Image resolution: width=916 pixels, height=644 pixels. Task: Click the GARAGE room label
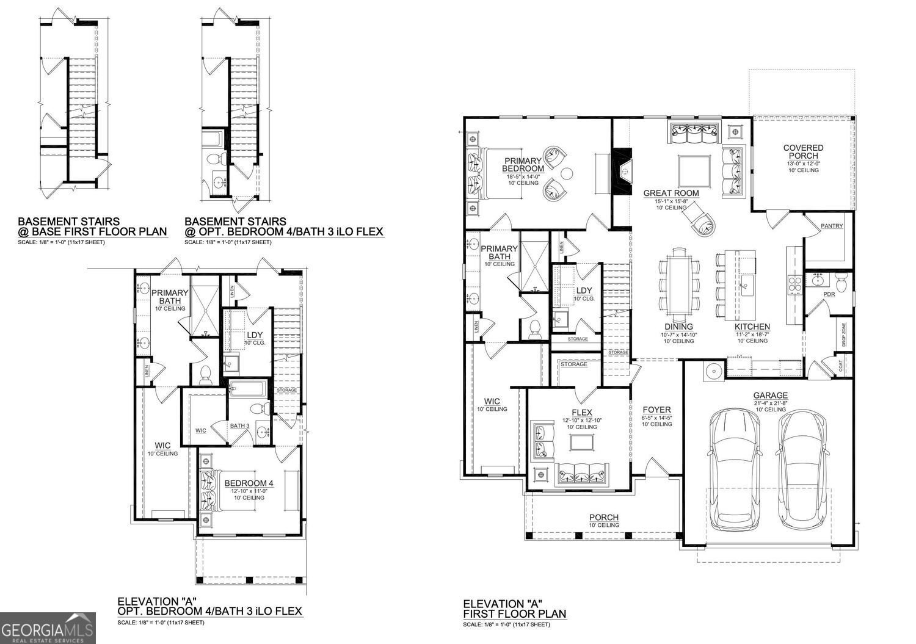coord(770,396)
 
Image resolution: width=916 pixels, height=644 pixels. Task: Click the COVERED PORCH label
coord(803,152)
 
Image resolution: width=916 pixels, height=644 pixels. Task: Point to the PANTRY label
coord(832,226)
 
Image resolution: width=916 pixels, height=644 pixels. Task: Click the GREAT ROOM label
coord(671,194)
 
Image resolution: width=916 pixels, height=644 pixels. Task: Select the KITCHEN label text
coord(752,327)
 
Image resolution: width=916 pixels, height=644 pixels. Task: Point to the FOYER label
coord(656,410)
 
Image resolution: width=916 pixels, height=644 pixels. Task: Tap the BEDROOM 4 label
coord(249,483)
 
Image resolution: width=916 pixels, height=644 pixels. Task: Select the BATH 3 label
coord(239,426)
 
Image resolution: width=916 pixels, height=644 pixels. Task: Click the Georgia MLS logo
coord(48,628)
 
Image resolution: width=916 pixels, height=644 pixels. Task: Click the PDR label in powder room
coord(829,294)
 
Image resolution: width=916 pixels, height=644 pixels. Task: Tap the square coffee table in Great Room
coord(694,172)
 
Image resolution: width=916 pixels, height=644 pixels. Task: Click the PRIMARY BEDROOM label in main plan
coord(523,165)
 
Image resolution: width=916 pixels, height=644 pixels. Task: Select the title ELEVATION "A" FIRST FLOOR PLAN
coord(514,608)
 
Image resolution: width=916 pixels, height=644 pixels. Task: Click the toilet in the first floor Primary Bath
coord(534,328)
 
